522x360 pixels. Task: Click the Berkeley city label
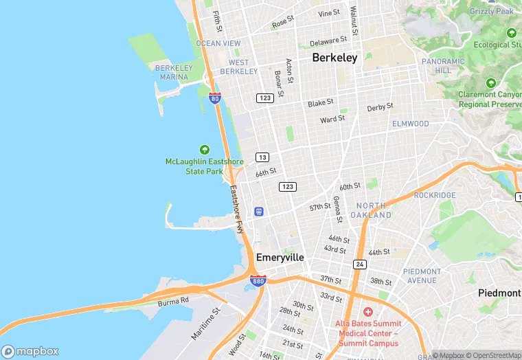click(334, 58)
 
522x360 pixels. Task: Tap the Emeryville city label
click(280, 257)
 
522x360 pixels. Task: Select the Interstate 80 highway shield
click(215, 98)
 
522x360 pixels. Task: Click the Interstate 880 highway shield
click(258, 281)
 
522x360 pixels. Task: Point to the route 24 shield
click(360, 264)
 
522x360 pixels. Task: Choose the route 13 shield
click(262, 157)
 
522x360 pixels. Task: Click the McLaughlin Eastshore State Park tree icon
click(204, 150)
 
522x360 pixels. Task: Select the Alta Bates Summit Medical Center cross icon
click(368, 312)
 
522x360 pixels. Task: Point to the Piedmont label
click(499, 293)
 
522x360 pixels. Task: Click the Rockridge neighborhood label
click(434, 195)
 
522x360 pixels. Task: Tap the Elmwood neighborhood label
click(410, 124)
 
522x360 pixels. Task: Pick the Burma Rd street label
click(173, 302)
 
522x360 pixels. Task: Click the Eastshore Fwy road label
click(236, 210)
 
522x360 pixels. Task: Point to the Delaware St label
click(326, 42)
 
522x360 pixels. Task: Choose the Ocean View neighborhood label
click(218, 43)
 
